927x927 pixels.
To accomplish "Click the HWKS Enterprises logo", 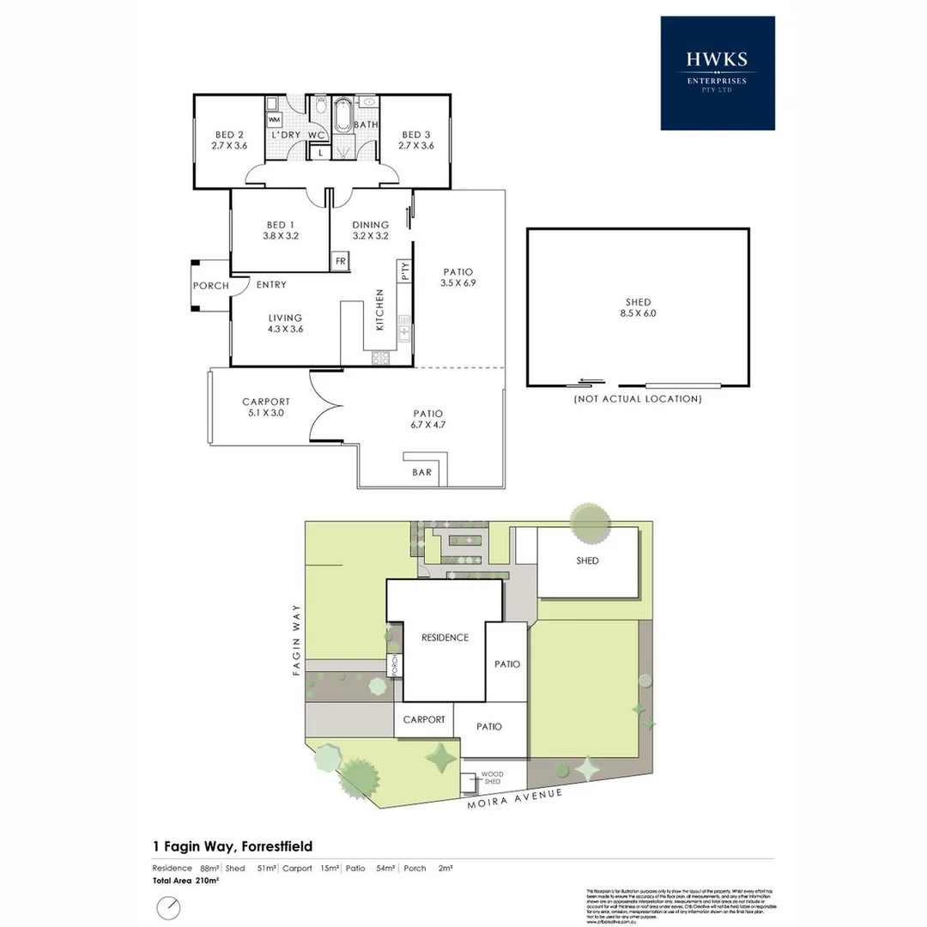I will [x=717, y=73].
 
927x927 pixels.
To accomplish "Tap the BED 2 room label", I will [x=229, y=140].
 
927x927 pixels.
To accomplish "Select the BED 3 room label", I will [x=415, y=140].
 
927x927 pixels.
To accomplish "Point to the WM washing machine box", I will [x=275, y=119].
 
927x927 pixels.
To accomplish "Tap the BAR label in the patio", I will [x=422, y=472].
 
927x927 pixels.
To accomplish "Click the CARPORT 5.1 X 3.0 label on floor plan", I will [x=265, y=407].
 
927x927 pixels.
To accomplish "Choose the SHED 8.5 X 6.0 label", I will [x=638, y=307].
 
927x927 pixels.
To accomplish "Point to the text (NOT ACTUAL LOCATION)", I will [x=637, y=399].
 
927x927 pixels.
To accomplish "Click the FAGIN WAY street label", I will [x=297, y=640].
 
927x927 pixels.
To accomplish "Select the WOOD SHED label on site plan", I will [x=492, y=777].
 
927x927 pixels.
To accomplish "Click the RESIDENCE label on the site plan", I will [x=445, y=637].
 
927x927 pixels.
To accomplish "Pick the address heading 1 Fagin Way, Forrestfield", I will [x=232, y=846].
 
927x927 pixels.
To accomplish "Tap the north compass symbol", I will [x=168, y=907].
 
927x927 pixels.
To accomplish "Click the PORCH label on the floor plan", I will [x=210, y=286].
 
